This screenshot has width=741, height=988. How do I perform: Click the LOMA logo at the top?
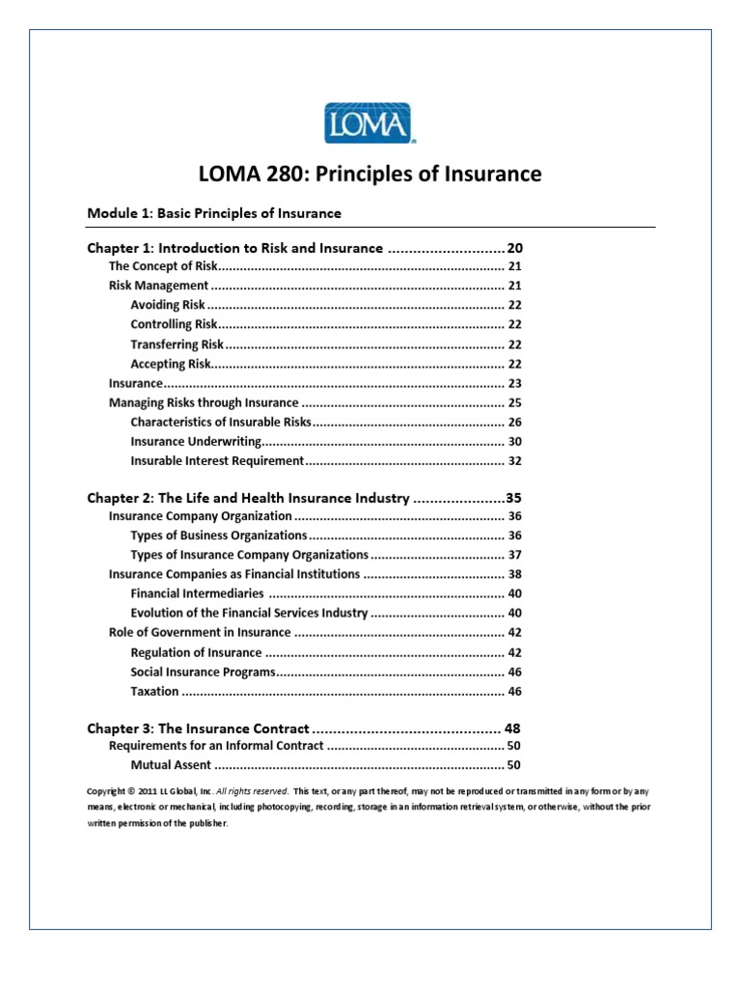point(370,123)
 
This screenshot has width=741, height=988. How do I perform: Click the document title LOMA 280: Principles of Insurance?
point(370,175)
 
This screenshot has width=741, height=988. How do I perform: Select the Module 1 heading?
point(213,212)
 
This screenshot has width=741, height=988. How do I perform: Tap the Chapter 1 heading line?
point(235,248)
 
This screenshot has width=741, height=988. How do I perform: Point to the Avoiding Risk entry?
point(168,305)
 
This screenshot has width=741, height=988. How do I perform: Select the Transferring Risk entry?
point(177,344)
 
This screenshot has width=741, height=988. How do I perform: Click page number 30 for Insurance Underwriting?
point(514,442)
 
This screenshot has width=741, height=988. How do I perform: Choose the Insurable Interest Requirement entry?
point(217,461)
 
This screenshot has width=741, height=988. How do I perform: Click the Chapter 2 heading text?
point(248,499)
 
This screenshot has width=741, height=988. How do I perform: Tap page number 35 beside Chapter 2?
point(513,499)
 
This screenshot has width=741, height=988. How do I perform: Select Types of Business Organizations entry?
point(218,535)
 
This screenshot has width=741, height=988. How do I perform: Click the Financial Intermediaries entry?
point(197,593)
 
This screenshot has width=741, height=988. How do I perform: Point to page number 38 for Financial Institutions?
point(514,574)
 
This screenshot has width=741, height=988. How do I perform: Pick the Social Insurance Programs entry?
point(204,672)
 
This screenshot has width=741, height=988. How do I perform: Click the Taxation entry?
point(154,691)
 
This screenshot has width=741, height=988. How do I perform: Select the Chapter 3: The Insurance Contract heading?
point(198,728)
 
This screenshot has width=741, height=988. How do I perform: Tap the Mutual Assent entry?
point(171,765)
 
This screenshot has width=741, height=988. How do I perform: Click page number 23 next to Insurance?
point(514,383)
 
